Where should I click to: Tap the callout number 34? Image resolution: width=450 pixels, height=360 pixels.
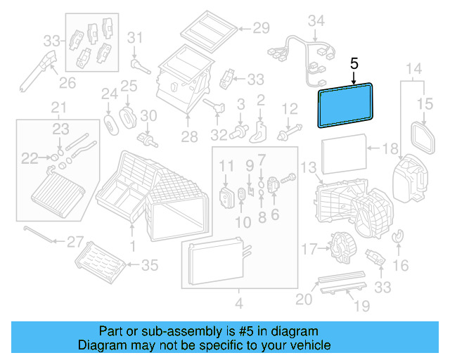tap(318, 20)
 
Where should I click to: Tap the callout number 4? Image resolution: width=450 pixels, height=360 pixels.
tap(238, 304)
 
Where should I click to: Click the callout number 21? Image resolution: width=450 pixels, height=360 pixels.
tap(58, 108)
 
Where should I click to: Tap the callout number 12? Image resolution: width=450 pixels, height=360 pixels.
tap(290, 108)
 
